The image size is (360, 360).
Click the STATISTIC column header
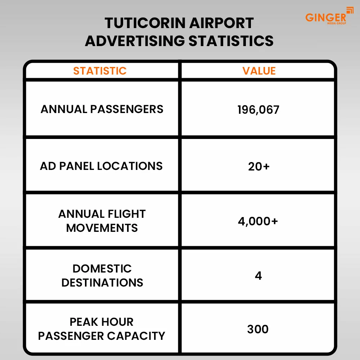(x=100, y=71)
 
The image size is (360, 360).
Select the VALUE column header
(x=259, y=71)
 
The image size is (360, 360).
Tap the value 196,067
(x=258, y=109)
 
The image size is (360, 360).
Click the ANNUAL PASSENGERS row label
(x=102, y=109)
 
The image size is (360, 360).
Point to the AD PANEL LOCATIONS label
(x=101, y=166)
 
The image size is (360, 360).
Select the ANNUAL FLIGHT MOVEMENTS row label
(x=102, y=221)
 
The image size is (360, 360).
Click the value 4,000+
(x=258, y=221)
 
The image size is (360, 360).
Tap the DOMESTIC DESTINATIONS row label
(x=102, y=275)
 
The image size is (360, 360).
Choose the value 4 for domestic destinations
(x=258, y=276)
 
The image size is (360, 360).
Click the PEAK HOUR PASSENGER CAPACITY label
(x=102, y=329)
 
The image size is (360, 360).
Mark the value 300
(x=258, y=329)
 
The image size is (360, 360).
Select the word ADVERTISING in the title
(x=135, y=41)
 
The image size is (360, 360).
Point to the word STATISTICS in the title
(x=231, y=41)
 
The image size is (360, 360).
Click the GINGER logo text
(x=325, y=17)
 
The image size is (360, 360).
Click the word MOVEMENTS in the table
(x=102, y=228)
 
